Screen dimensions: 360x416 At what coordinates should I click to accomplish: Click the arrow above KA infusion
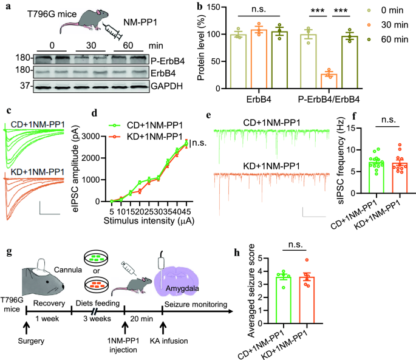tap(163, 325)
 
